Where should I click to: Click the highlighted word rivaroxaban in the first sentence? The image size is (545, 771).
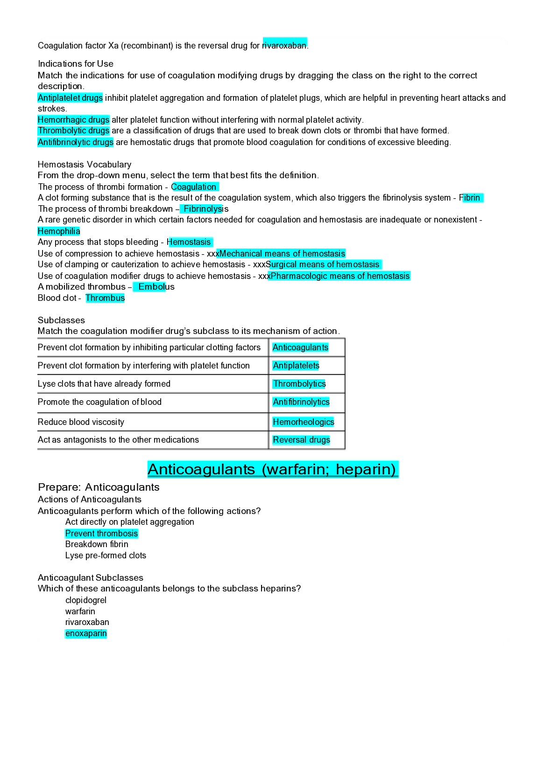click(284, 45)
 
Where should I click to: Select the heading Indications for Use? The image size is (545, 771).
click(76, 64)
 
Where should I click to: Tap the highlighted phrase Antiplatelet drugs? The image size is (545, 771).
click(70, 98)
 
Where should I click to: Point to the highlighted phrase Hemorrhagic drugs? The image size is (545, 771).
click(73, 120)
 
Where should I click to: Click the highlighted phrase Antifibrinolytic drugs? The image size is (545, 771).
click(75, 142)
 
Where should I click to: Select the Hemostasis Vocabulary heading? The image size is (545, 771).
click(85, 165)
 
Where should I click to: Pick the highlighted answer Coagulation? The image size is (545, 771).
click(194, 187)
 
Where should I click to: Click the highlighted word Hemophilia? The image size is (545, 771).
click(59, 231)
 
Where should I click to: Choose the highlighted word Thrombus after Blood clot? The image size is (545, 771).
click(105, 298)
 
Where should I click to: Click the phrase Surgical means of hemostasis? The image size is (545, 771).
click(323, 264)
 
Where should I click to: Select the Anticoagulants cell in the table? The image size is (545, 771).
click(300, 347)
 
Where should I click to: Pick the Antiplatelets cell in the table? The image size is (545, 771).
click(296, 366)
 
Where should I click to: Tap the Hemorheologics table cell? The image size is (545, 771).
click(304, 422)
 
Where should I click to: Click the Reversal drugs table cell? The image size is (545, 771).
click(301, 440)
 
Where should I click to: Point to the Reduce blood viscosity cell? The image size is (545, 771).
click(81, 422)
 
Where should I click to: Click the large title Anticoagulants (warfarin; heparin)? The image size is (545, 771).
click(273, 469)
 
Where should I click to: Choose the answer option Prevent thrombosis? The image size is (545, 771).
click(101, 534)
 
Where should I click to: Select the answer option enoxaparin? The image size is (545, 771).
click(86, 633)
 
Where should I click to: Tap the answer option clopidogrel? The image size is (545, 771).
click(86, 600)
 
